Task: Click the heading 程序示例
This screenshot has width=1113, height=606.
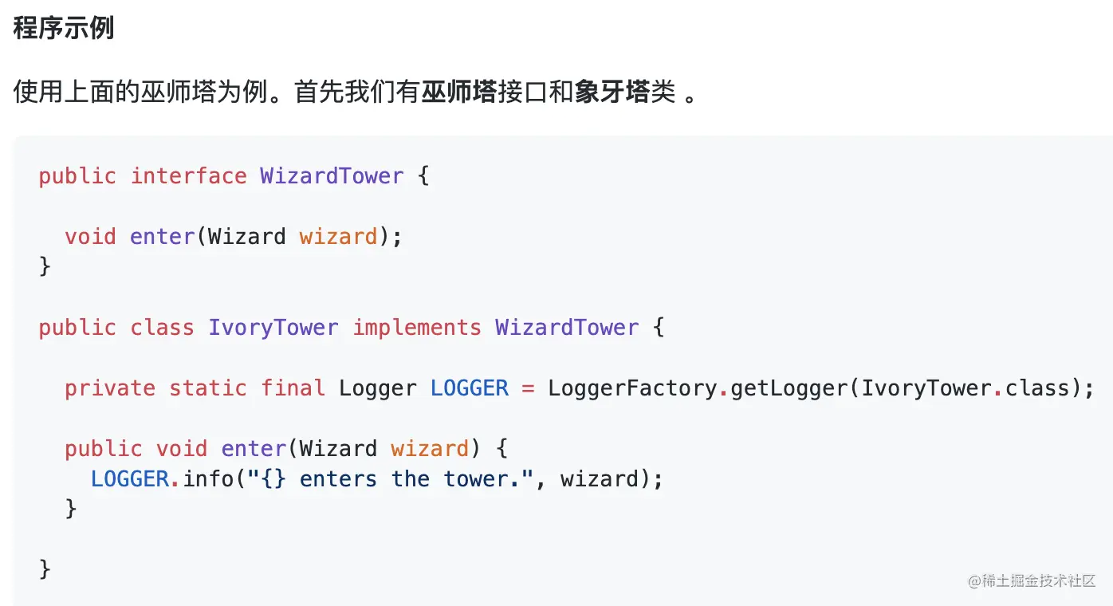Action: (64, 28)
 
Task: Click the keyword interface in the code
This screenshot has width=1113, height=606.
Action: (188, 176)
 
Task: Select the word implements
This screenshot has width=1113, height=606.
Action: (417, 328)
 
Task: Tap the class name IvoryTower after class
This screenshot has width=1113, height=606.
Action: (273, 328)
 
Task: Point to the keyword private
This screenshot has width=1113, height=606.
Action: (110, 388)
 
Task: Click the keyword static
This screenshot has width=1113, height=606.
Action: (208, 388)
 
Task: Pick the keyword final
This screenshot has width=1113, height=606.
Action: (293, 388)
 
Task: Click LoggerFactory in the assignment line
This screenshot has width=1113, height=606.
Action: (632, 388)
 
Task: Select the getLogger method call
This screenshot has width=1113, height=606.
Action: (789, 388)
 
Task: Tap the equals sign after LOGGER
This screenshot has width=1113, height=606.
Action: (528, 388)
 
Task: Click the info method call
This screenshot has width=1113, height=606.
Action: (208, 479)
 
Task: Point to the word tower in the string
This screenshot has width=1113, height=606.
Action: (475, 479)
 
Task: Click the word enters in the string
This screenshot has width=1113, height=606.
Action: (338, 479)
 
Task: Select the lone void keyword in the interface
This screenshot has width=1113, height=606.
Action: (90, 237)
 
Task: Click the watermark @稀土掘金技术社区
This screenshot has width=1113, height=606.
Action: (1032, 580)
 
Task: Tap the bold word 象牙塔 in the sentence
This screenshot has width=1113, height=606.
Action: (612, 92)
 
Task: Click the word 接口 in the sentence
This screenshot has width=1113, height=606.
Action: (523, 92)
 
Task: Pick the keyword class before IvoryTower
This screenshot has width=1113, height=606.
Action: (162, 328)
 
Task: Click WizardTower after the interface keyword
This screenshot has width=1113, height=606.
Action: (332, 176)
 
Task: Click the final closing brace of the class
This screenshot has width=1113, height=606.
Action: (45, 569)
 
